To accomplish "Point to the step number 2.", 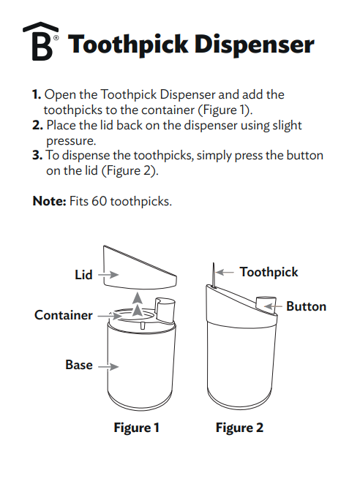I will click(x=37, y=126).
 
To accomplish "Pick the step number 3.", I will click(x=37, y=156).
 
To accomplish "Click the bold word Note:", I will click(x=49, y=200).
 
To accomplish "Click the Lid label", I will click(x=83, y=275).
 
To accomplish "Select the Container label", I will click(x=64, y=315).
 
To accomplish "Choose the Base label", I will click(x=78, y=364).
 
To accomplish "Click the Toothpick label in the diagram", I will click(x=269, y=272).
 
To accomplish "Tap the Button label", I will click(x=306, y=306).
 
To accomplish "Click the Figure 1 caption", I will click(x=136, y=428).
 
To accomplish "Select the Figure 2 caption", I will click(x=239, y=428).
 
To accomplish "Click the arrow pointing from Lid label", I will click(x=107, y=276).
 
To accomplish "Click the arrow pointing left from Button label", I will click(x=276, y=306).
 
